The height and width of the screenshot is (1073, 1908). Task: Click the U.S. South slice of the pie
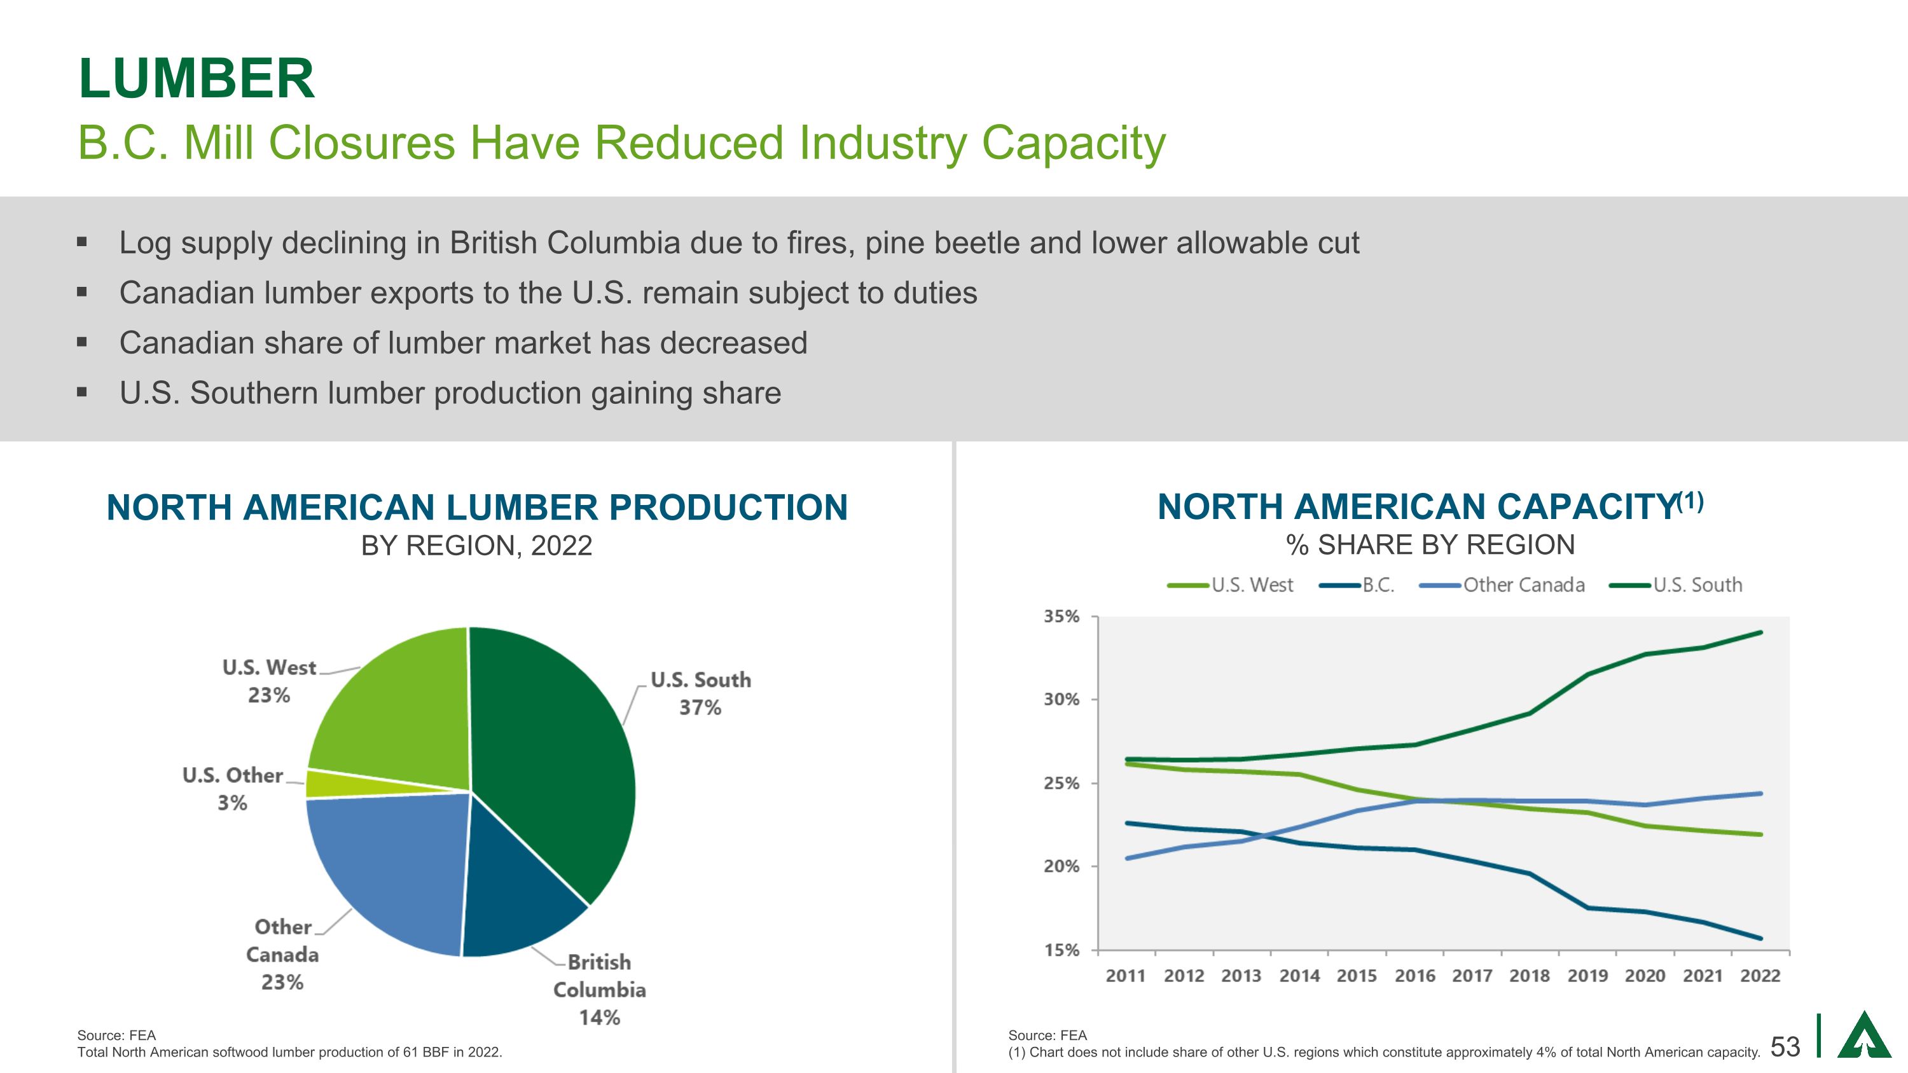coord(555,756)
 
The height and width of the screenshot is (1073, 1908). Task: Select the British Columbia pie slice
coord(518,889)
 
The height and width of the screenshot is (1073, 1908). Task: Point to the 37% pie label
coord(700,708)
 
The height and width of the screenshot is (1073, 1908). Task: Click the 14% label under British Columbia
coord(599,1018)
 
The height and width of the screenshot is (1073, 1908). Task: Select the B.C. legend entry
coord(1378,585)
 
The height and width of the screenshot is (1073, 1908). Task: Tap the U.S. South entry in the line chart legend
coord(1697,585)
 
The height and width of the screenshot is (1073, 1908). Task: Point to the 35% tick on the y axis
coord(1061,617)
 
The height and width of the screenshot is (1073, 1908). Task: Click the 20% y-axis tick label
coord(1061,866)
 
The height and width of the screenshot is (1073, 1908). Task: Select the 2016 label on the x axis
coord(1414,976)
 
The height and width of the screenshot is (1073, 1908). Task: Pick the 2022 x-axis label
coord(1760,976)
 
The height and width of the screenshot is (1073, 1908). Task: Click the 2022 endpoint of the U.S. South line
coord(1760,633)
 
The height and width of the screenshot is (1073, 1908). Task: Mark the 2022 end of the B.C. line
coord(1760,938)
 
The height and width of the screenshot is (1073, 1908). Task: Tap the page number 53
coord(1785,1046)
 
